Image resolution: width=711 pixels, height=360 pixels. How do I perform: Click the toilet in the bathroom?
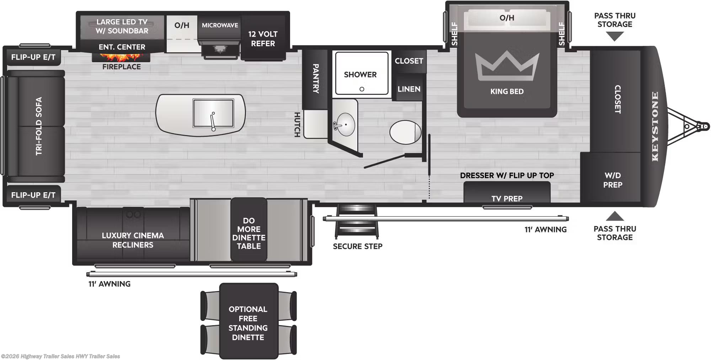point(405,132)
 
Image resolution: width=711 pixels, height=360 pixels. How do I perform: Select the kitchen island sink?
point(213,113)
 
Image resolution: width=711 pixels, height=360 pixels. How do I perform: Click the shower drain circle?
point(362,89)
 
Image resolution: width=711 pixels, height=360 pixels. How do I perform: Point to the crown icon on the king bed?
point(507,65)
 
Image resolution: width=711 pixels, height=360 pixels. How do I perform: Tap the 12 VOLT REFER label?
point(263,39)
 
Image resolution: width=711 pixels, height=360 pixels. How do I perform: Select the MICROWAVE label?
point(220,25)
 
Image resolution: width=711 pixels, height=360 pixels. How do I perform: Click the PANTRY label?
point(316,79)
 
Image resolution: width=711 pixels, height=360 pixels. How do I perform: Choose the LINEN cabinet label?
point(409,89)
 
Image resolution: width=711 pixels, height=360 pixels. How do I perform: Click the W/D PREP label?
point(613,180)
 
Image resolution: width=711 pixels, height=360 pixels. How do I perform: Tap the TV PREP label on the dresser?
point(507,199)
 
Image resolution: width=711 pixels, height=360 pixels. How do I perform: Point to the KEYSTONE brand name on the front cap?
point(655,127)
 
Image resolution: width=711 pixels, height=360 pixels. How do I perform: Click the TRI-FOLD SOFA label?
point(39,126)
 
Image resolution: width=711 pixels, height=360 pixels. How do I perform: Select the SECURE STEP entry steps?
point(357,221)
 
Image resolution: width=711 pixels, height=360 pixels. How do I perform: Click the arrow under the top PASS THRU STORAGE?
point(615,37)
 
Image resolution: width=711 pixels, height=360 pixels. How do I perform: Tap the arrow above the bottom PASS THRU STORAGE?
point(615,216)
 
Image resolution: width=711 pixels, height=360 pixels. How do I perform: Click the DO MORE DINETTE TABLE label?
point(249,233)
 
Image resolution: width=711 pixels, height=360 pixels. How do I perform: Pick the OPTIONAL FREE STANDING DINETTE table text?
point(248,323)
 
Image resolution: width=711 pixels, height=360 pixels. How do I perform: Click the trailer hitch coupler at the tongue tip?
point(704,126)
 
